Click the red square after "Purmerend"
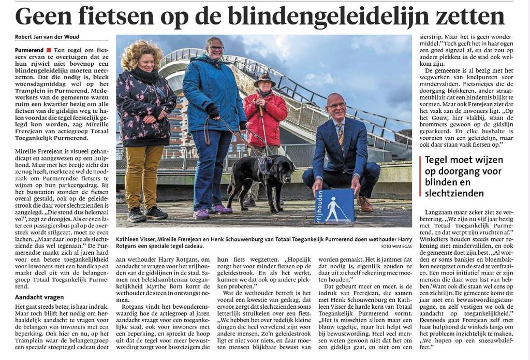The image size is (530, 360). (x=48, y=50)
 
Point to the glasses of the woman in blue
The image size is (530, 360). (x=216, y=48)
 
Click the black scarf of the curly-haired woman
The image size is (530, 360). (x=145, y=76)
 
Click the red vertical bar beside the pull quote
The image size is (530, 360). (x=420, y=176)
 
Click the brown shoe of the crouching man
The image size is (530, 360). (x=364, y=204)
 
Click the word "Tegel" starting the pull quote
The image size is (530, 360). (x=438, y=160)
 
